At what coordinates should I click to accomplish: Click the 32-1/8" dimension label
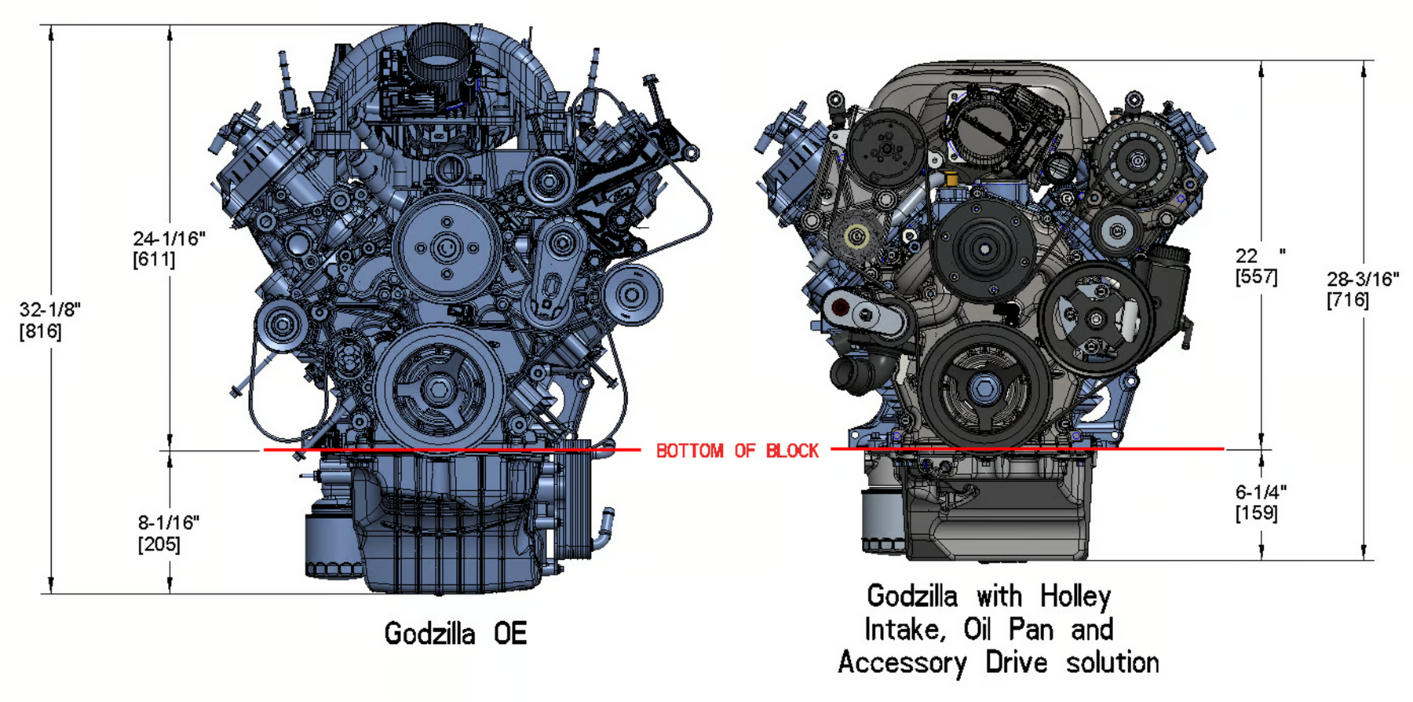tap(50, 309)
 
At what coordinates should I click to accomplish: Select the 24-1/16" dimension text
tap(169, 238)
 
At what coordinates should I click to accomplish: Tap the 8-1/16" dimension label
tap(169, 523)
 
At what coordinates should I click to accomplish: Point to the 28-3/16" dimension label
tap(1363, 279)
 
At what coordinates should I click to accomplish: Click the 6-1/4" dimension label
tap(1261, 492)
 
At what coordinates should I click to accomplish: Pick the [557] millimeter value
tap(1256, 277)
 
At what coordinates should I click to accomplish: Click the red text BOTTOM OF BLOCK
tap(737, 451)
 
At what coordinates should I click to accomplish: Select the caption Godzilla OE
tap(455, 633)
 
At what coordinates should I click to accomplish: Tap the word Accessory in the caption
tap(903, 664)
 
